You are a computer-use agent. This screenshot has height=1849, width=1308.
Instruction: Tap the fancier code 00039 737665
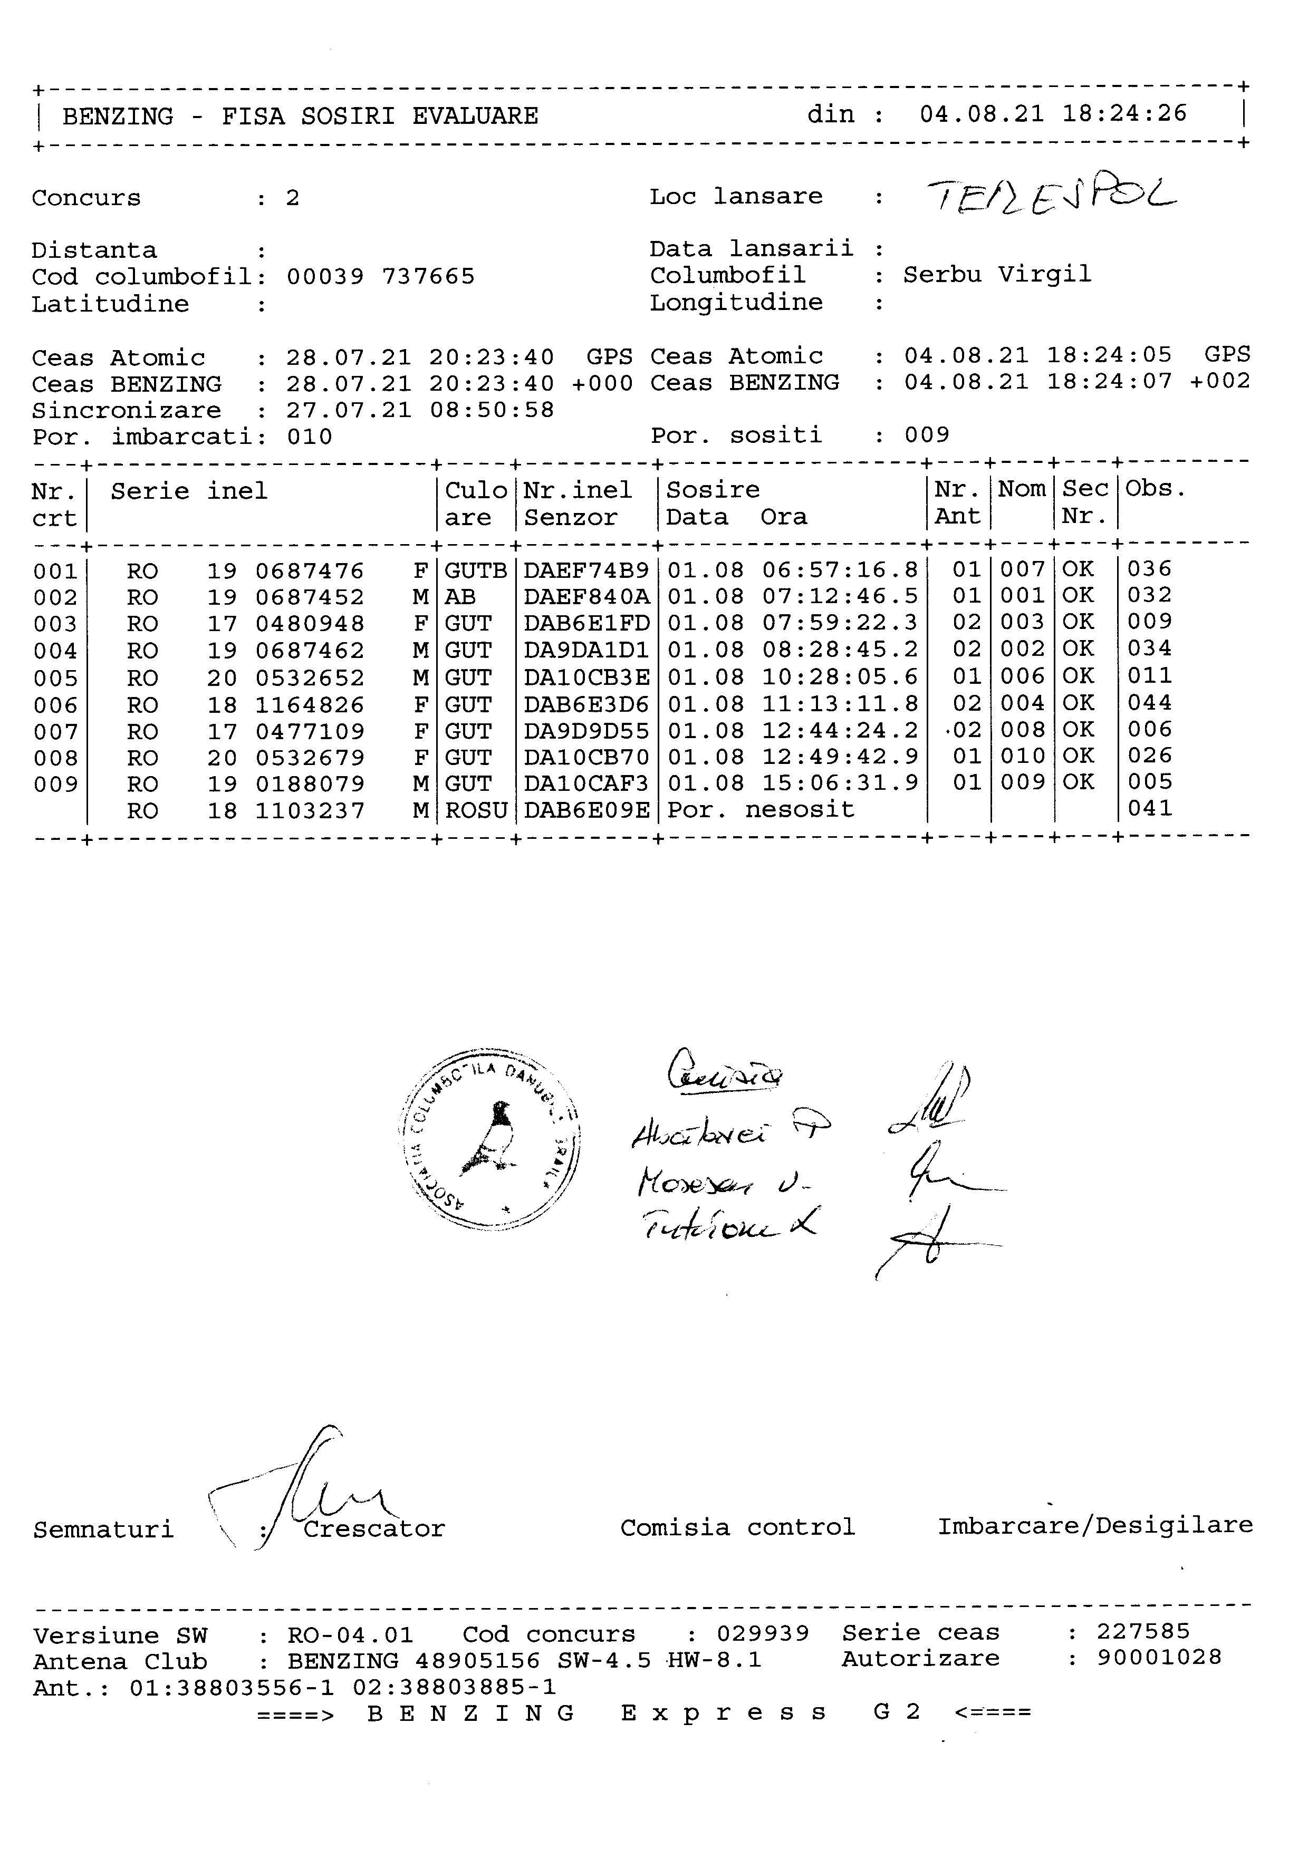(x=380, y=277)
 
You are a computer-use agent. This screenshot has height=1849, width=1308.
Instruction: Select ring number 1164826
(x=310, y=705)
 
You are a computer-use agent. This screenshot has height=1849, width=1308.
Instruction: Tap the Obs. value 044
(x=1149, y=703)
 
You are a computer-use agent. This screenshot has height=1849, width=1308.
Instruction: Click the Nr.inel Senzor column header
(x=578, y=504)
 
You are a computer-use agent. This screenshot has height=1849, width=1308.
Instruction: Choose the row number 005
(x=55, y=678)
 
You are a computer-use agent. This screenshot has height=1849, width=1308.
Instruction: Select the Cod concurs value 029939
(x=763, y=1634)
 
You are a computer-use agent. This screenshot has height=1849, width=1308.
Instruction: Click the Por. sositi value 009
(x=926, y=435)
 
